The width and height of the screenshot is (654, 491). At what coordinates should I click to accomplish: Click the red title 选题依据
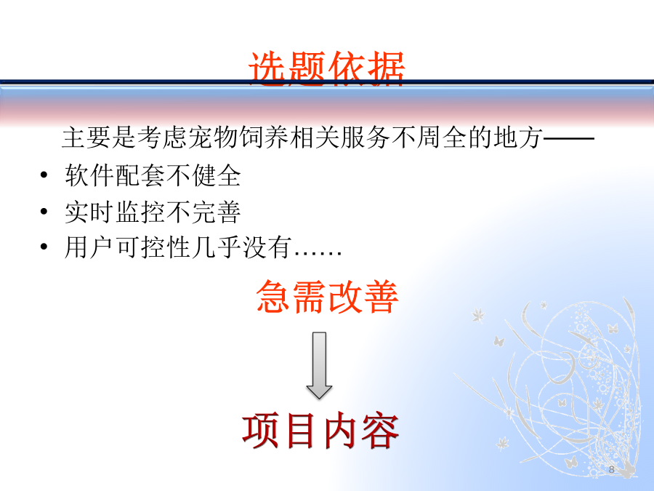tap(326, 68)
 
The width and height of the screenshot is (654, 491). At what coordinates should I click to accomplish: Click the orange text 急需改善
tap(327, 297)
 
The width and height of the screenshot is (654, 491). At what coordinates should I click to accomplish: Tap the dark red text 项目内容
tap(320, 431)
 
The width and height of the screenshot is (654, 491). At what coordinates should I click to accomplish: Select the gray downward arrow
tap(319, 365)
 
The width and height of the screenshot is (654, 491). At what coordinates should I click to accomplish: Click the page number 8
tap(611, 469)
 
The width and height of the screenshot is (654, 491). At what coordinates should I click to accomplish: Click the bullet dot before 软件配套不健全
tap(44, 175)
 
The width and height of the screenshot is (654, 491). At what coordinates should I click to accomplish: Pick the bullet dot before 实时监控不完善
tap(44, 211)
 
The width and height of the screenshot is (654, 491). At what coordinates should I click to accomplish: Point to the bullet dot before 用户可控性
tap(44, 247)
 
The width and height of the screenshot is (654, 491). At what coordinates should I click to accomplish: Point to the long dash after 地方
tap(569, 137)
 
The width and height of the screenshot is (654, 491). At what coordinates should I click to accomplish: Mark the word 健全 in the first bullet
tap(217, 175)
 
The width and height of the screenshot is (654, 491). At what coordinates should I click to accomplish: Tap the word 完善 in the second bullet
tap(217, 211)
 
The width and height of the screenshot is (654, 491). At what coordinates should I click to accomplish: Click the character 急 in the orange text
tap(273, 297)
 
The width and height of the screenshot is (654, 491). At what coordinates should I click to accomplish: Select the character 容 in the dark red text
tap(380, 431)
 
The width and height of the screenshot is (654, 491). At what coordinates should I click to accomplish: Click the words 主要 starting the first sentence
tap(86, 137)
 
